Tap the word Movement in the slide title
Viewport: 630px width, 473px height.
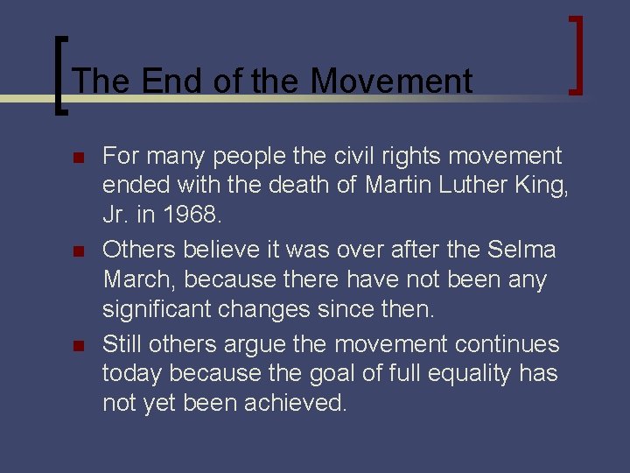390,81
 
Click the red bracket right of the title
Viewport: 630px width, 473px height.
577,54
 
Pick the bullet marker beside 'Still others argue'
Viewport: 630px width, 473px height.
77,345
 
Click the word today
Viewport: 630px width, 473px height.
131,374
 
